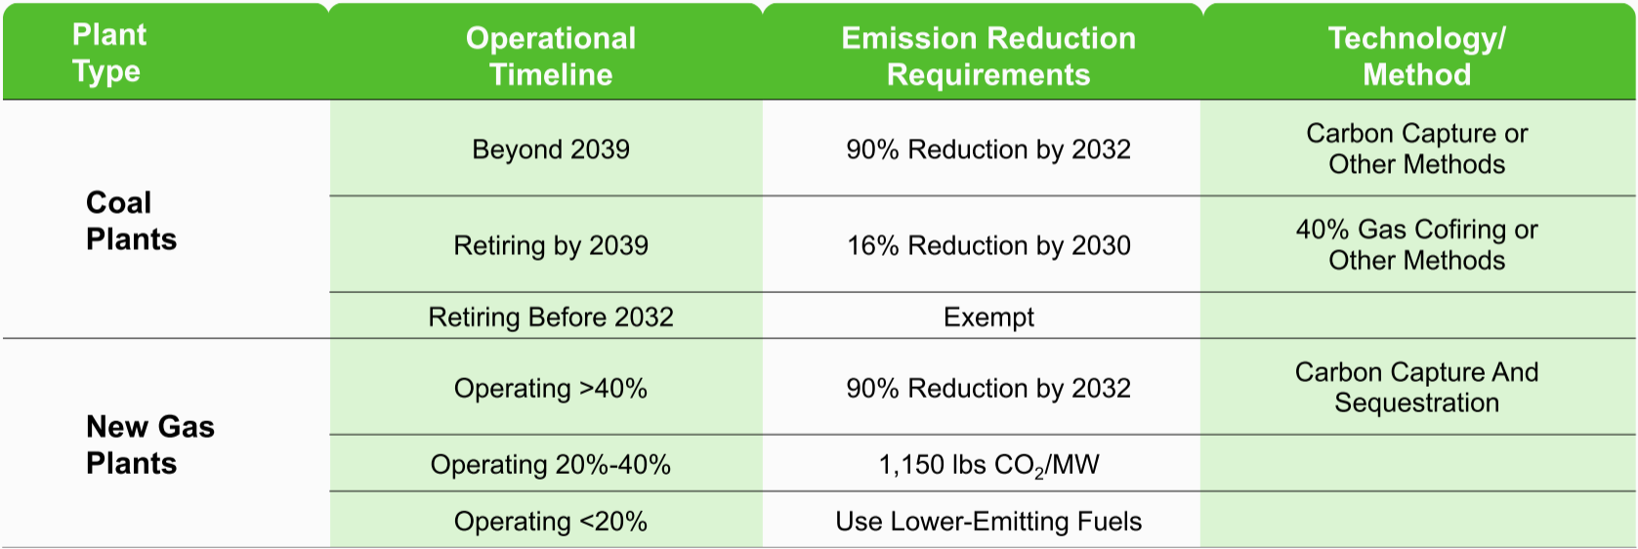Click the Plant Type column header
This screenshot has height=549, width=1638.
pos(108,53)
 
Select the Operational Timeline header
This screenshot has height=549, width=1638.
pos(550,56)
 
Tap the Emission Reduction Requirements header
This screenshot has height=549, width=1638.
pos(987,56)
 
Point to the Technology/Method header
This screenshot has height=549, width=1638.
pos(1416,56)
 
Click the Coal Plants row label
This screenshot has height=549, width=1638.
pos(131,221)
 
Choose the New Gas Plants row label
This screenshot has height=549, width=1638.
pos(149,444)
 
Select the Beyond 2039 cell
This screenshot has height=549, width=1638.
pos(550,149)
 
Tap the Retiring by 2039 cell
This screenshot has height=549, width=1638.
pos(550,245)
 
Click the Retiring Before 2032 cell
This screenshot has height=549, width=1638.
pos(550,317)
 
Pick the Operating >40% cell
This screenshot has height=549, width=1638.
pos(550,388)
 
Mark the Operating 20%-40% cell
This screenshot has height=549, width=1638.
pos(550,464)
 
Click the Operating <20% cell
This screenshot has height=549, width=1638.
pos(550,521)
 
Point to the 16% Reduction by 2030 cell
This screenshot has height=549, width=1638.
pos(987,245)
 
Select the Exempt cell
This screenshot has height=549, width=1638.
pos(987,317)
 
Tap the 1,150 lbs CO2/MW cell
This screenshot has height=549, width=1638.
pos(987,464)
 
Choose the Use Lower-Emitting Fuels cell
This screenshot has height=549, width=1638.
pos(987,521)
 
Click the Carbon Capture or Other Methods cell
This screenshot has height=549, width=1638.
pos(1416,148)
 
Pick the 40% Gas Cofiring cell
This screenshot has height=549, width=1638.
pos(1416,244)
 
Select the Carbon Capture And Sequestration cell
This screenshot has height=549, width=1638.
pos(1416,387)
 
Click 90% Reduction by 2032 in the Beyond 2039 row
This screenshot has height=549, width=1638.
pos(987,149)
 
